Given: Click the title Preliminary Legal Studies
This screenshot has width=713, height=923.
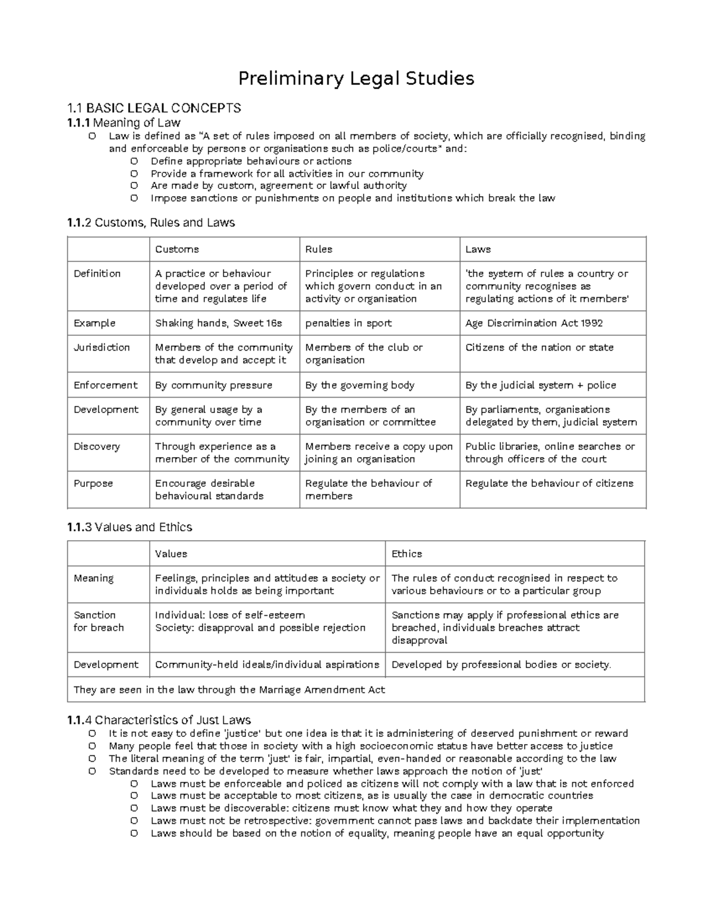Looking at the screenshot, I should tap(356, 78).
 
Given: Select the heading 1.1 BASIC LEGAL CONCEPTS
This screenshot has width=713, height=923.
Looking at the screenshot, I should tap(154, 108).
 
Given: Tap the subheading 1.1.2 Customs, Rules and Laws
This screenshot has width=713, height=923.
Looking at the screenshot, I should tap(152, 223).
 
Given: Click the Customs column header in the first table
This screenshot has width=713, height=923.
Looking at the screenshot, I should tap(177, 250).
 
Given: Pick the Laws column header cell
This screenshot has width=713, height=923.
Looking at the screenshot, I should tap(478, 250).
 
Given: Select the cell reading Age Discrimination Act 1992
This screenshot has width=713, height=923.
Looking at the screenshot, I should tap(534, 323).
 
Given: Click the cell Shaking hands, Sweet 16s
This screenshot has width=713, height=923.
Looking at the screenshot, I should tap(219, 323).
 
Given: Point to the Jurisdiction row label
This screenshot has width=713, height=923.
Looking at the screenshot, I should tap(102, 348).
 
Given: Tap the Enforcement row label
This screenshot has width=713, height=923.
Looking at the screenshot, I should tap(105, 385).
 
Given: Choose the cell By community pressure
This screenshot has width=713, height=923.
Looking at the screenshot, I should tap(213, 385).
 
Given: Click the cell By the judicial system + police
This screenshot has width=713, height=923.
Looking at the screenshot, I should tap(541, 385).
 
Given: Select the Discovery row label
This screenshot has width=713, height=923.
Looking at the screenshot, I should tap(97, 446).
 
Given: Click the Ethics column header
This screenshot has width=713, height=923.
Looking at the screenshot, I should tap(407, 554).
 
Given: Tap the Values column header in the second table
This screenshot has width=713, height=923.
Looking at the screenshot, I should tap(171, 554).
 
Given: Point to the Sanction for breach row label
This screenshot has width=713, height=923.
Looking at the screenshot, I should tap(99, 621).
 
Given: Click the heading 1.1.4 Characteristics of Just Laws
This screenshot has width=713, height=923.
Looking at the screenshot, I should tap(159, 720).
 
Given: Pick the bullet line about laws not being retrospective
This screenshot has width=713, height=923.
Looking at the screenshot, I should tap(395, 821).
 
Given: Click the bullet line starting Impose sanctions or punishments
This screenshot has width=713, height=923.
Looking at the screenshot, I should tap(352, 199).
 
